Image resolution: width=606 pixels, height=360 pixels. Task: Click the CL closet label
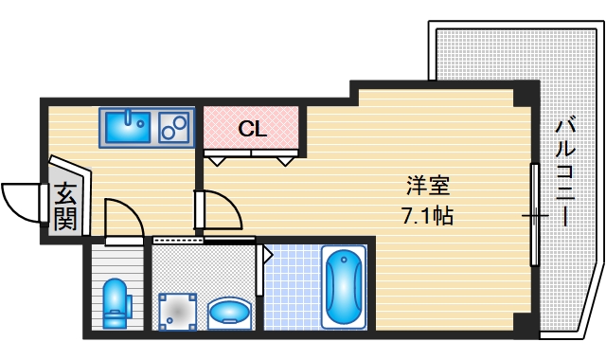pos(252,129)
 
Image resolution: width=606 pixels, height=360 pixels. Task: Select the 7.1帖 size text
pos(428,215)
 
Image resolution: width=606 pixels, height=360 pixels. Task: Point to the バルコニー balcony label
pos(565,171)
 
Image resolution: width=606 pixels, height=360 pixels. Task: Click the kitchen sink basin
pos(126,125)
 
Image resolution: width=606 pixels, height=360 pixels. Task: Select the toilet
pos(115,300)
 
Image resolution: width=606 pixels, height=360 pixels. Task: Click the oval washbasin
pos(229,311)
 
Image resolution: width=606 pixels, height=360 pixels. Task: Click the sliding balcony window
pos(535,216)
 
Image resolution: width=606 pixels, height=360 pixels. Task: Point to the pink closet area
pos(252,128)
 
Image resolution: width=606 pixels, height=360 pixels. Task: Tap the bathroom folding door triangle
pos(267,254)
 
